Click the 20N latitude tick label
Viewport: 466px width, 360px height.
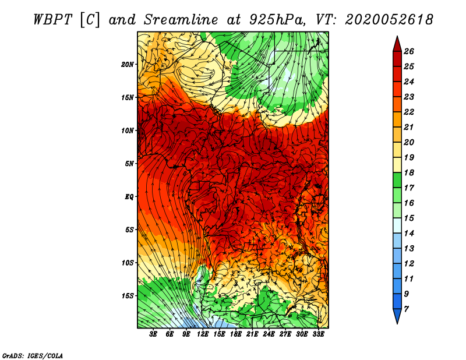coord(128,65)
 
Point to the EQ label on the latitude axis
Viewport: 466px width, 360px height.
coord(129,197)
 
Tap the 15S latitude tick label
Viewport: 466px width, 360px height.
coord(128,296)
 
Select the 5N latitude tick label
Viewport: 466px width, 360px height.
coord(129,164)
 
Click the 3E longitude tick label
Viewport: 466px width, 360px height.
coord(153,334)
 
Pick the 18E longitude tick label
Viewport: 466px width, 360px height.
coord(236,334)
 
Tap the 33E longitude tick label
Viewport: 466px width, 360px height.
coord(318,334)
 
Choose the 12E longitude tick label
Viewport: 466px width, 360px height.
coord(203,334)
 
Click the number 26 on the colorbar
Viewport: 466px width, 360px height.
coord(409,51)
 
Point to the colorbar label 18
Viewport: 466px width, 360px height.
coord(409,172)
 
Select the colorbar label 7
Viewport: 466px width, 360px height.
coord(406,309)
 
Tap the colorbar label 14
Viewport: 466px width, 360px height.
coord(409,234)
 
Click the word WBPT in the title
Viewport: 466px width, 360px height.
coord(52,20)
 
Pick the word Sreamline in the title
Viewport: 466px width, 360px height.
coord(181,20)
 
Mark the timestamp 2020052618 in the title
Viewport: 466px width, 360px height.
coord(389,20)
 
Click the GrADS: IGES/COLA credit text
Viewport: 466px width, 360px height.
coord(33,356)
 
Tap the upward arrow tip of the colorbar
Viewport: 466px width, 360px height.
coord(397,37)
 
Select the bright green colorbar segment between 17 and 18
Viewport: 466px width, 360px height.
coord(397,180)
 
